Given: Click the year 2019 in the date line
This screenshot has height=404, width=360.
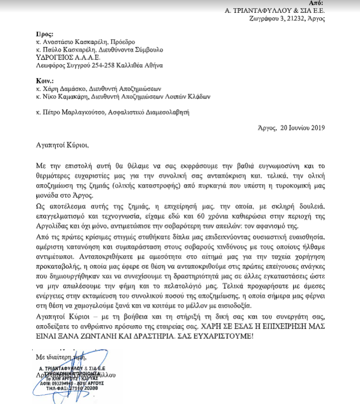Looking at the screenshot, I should tap(316, 128).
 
